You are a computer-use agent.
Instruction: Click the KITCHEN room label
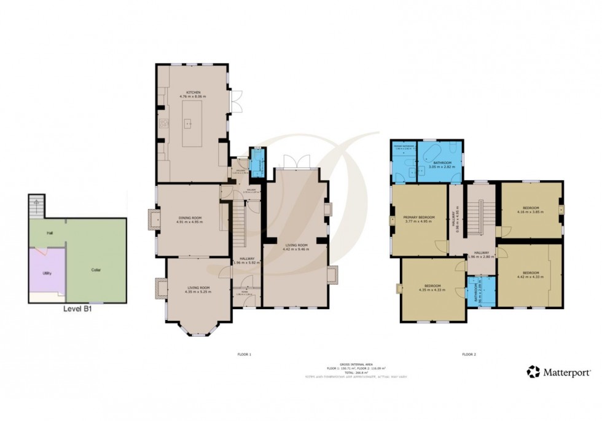(192, 95)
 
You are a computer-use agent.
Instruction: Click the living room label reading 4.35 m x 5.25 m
(198, 289)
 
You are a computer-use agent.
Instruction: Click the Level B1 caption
(78, 310)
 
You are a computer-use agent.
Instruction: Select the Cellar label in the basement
(95, 270)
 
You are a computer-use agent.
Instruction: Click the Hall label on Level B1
(49, 233)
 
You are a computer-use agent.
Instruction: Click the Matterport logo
(558, 372)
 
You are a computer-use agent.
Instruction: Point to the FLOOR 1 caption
(244, 355)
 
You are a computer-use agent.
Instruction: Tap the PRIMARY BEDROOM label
(418, 219)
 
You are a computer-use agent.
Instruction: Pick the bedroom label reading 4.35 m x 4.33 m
(432, 288)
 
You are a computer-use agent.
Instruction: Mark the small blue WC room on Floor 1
(256, 161)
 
